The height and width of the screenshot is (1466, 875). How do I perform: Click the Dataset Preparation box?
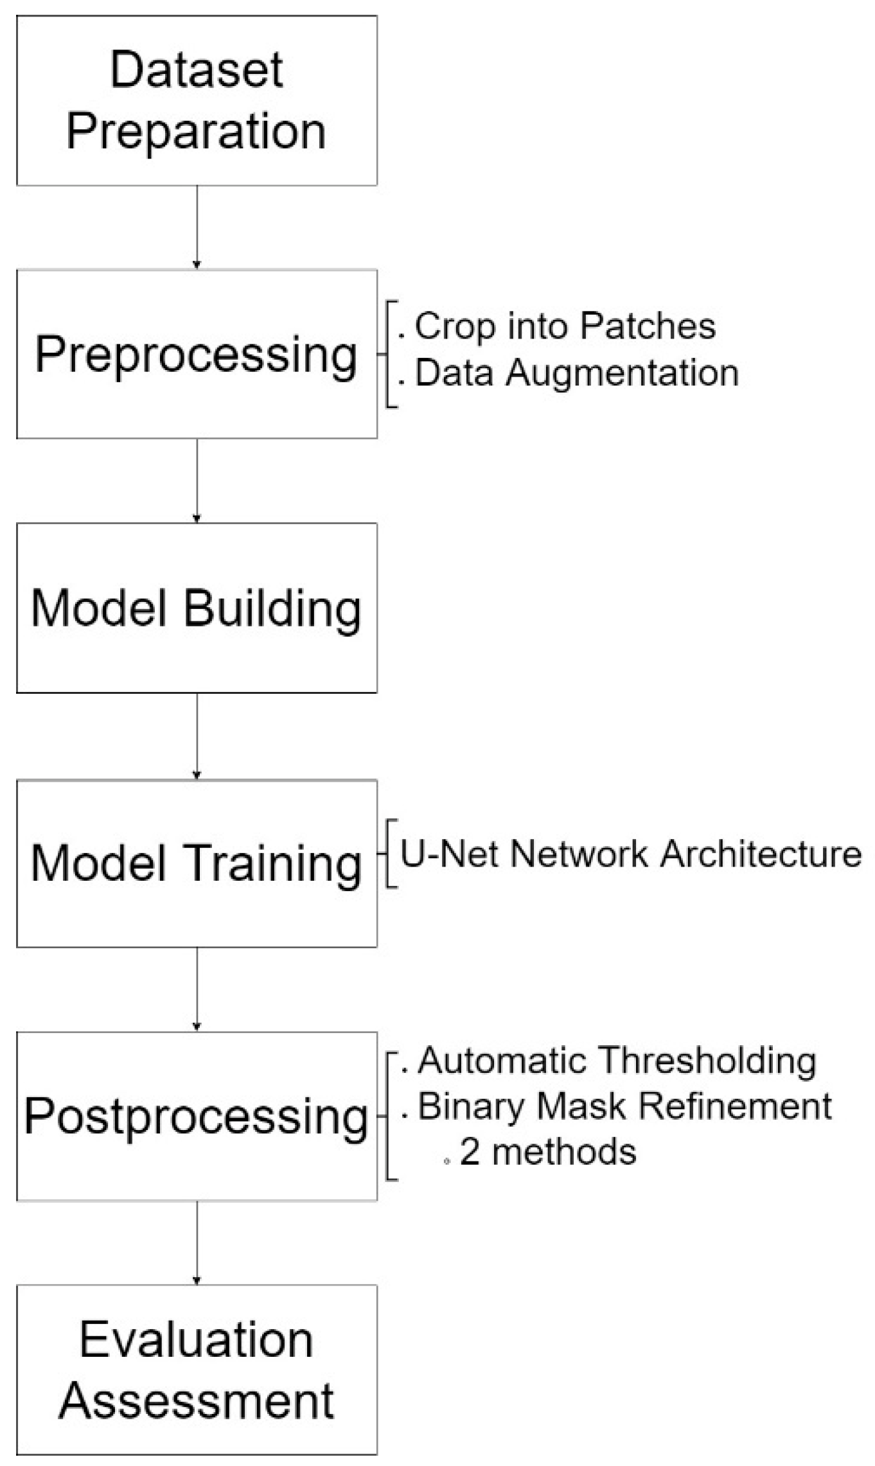pyautogui.click(x=197, y=101)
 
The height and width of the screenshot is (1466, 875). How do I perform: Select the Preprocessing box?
pyautogui.click(x=197, y=354)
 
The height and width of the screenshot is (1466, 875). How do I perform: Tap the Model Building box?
pyautogui.click(x=197, y=608)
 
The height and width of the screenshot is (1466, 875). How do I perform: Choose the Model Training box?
pyautogui.click(x=197, y=863)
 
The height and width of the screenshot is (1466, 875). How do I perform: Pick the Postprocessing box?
pyautogui.click(x=197, y=1117)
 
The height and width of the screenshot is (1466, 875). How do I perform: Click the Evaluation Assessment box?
pyautogui.click(x=197, y=1370)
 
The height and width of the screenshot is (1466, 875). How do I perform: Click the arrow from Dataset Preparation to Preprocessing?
pyautogui.click(x=197, y=227)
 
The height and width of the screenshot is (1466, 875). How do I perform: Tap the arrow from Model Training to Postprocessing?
pyautogui.click(x=197, y=989)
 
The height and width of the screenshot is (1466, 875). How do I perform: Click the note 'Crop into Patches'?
pyautogui.click(x=565, y=326)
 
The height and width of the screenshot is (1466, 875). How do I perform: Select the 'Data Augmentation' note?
pyautogui.click(x=576, y=373)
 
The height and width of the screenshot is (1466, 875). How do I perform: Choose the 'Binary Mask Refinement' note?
pyautogui.click(x=624, y=1106)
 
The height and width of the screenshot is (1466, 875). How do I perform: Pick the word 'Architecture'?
pyautogui.click(x=761, y=854)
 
